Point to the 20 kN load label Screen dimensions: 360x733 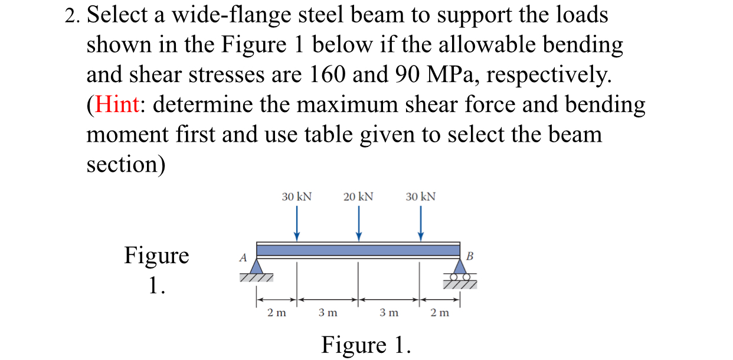point(358,197)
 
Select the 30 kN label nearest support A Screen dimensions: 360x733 point(296,197)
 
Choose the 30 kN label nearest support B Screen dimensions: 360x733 point(420,197)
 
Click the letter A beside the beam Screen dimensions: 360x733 point(241,257)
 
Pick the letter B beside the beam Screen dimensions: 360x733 point(470,256)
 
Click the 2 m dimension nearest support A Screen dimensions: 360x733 point(276,313)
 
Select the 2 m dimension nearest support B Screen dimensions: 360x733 point(440,313)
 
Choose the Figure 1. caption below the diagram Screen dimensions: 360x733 point(365,344)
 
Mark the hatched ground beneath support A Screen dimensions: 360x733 point(256,277)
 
